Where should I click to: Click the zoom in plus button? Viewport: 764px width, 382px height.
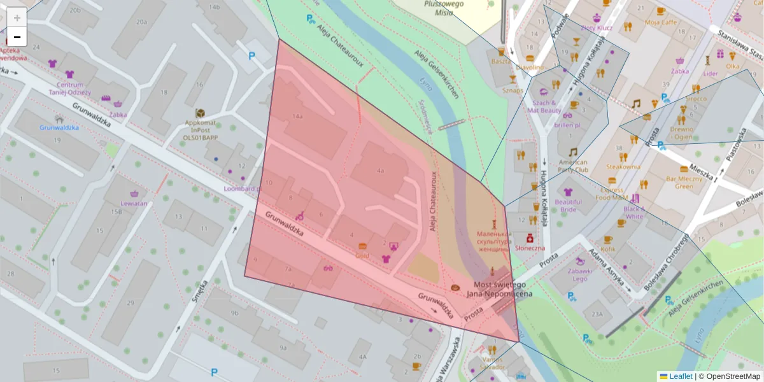tap(17, 18)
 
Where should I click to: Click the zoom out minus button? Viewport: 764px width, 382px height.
tap(17, 37)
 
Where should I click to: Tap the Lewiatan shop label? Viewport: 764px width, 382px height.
tap(134, 204)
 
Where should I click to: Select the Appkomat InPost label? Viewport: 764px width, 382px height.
tap(201, 127)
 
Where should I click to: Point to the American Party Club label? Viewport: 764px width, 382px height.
tap(572, 166)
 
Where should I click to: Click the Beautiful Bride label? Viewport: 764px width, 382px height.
tap(568, 206)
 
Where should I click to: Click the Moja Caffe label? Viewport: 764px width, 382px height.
tap(661, 22)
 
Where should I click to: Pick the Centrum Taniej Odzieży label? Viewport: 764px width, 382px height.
tap(70, 88)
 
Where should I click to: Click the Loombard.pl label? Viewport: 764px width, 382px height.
tap(242, 189)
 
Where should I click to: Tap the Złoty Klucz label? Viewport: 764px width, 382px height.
tap(597, 28)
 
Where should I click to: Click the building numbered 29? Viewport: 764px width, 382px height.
tap(130, 302)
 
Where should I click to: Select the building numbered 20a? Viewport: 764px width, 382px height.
tap(141, 22)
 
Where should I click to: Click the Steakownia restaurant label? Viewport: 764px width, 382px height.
tap(623, 167)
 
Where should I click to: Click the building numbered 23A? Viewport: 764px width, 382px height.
tap(597, 314)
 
